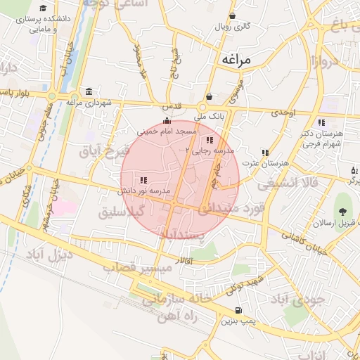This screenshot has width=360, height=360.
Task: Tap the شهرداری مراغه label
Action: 90,103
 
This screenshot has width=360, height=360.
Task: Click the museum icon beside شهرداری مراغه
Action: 89,92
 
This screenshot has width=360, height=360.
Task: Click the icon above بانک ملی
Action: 209,97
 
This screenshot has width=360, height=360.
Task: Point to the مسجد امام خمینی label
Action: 167,131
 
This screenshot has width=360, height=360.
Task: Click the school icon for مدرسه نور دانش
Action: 143,180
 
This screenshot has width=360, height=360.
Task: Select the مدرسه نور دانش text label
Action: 145,191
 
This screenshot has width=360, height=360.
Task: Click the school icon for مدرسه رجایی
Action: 209,140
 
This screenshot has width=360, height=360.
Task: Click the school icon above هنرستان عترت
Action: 265,152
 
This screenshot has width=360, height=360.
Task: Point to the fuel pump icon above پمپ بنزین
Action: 238,310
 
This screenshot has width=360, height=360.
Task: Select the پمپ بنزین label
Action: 238,321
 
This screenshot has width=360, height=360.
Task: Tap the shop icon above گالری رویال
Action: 232,15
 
